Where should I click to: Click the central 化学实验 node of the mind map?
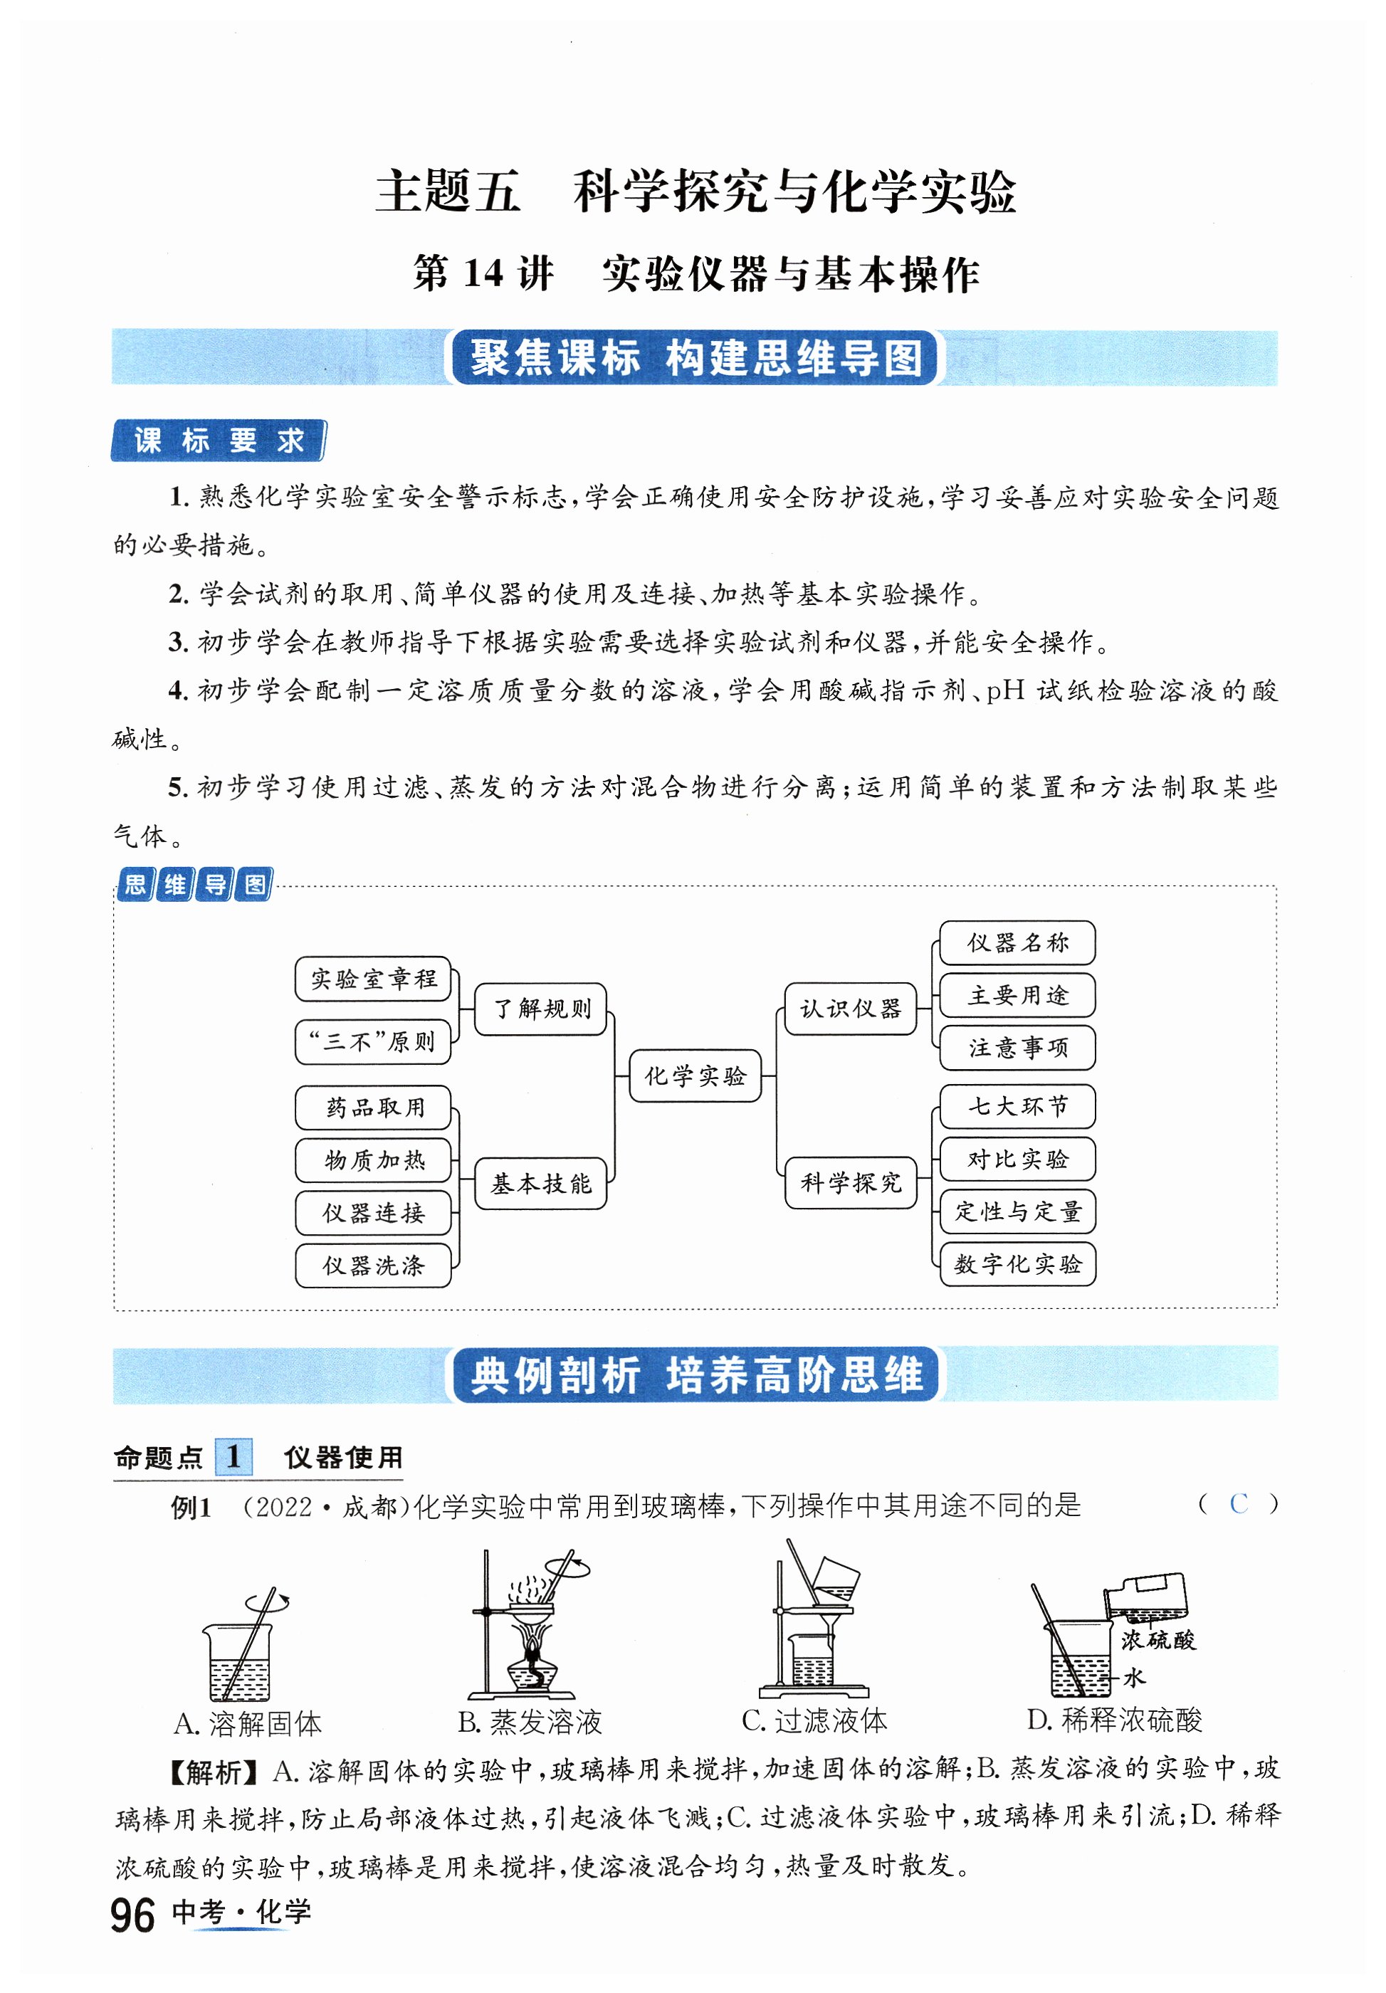(x=694, y=1076)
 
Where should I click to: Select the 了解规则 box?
(x=540, y=1009)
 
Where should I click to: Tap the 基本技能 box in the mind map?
(x=540, y=1183)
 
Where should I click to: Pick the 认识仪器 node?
(x=850, y=1009)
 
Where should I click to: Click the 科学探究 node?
(x=850, y=1182)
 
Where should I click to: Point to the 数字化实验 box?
(x=1017, y=1264)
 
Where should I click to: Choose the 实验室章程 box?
(x=373, y=979)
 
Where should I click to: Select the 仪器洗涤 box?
(x=373, y=1265)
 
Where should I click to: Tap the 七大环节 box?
(x=1017, y=1107)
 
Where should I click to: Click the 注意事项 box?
(x=1017, y=1048)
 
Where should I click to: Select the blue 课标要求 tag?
(x=218, y=441)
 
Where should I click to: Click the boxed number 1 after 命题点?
(x=233, y=1456)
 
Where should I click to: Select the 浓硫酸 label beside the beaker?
(x=1157, y=1640)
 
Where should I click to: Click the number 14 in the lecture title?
(x=483, y=273)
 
